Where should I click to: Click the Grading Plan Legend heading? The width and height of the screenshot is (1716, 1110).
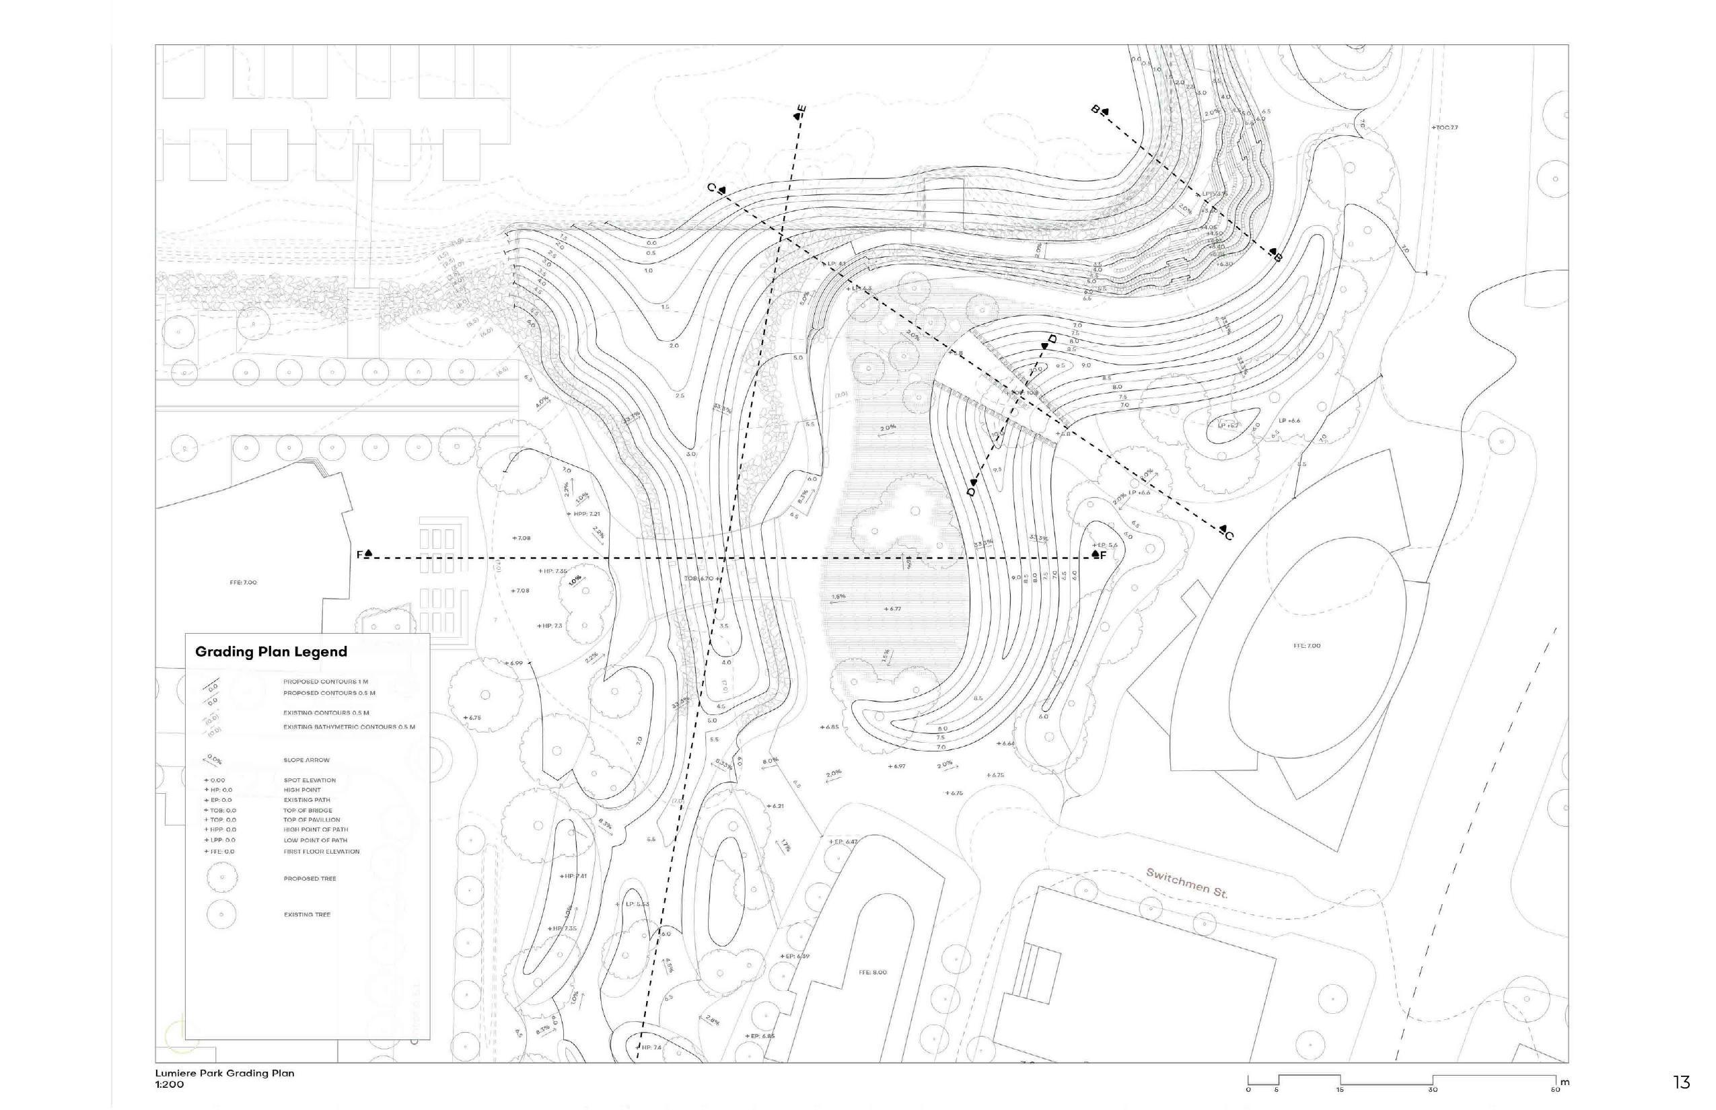tap(271, 652)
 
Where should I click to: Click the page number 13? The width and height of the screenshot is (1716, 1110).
tap(1682, 1082)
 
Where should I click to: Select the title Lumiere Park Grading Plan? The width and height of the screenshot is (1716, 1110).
tap(225, 1073)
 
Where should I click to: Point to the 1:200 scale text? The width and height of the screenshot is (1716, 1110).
tap(170, 1084)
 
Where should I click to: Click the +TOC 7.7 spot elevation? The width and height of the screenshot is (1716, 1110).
tap(1444, 128)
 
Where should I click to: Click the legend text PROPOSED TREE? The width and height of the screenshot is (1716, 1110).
tap(310, 879)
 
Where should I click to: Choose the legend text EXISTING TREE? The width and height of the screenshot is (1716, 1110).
tap(307, 915)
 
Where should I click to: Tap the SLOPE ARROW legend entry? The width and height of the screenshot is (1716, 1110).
tap(306, 760)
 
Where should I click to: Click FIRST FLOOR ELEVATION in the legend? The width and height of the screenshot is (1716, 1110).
tap(321, 851)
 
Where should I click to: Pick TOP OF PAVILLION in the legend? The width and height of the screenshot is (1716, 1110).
tap(312, 819)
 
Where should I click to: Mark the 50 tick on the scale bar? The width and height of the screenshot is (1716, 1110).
tap(1555, 1089)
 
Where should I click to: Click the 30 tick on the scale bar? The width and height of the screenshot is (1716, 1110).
tap(1433, 1089)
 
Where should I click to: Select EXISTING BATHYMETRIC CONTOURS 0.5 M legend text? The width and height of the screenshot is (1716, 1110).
tap(349, 727)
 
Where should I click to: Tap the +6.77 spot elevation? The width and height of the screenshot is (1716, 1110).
tap(892, 609)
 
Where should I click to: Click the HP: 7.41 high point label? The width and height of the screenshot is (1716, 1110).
tap(574, 877)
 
